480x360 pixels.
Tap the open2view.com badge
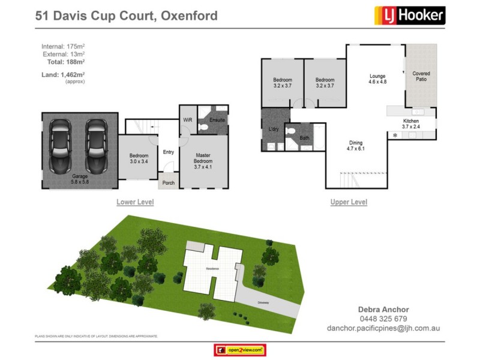click(240, 350)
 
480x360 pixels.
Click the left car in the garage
click(61, 145)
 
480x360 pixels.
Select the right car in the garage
click(95, 145)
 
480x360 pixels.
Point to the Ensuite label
click(217, 120)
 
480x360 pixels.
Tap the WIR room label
click(187, 120)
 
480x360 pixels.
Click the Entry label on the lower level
click(169, 152)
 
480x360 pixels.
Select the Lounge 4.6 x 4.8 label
click(377, 79)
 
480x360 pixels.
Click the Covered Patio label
click(421, 77)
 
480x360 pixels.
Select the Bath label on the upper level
click(304, 137)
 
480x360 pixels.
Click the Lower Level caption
click(135, 202)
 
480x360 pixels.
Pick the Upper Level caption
click(349, 202)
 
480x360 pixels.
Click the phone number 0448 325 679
click(383, 319)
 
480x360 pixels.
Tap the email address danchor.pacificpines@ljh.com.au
click(383, 328)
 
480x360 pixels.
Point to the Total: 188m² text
click(65, 62)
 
